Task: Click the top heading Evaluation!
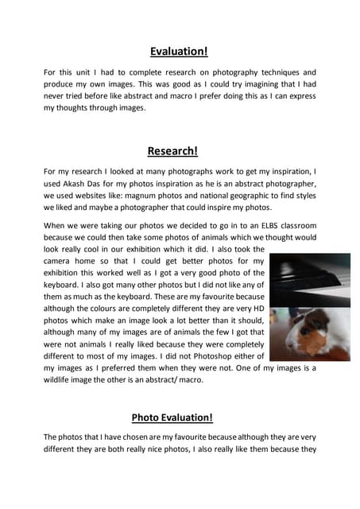tap(179, 52)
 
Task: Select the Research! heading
tap(172, 151)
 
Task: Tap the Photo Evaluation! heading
tap(172, 418)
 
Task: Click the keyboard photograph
tap(309, 279)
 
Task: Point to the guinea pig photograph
tap(309, 334)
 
